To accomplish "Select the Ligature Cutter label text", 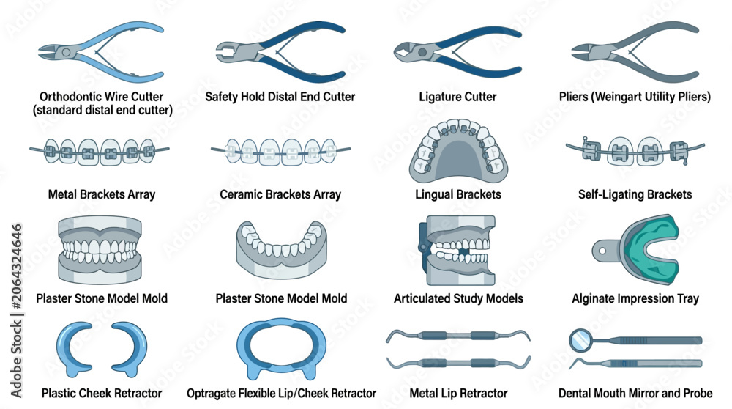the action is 457,97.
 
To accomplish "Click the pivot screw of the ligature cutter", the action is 422,52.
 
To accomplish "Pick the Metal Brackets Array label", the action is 102,194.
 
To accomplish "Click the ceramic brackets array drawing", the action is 280,152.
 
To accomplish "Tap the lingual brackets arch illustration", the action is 458,152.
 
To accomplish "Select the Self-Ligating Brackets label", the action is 635,194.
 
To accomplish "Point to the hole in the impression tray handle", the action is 602,251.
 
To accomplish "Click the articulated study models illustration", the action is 457,250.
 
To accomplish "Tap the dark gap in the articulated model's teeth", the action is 463,251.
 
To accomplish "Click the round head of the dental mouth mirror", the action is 580,340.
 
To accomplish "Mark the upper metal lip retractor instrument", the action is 458,335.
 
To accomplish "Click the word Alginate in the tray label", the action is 593,298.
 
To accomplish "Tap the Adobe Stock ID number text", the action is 17,267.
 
